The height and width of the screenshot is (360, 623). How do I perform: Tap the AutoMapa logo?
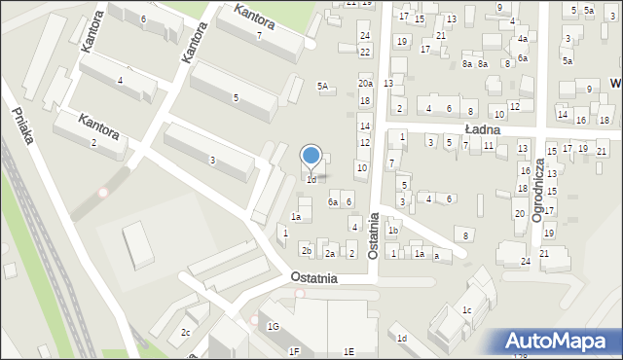coord(558,342)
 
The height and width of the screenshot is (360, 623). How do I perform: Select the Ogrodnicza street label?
coord(537,186)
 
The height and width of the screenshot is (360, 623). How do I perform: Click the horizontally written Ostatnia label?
coord(313,277)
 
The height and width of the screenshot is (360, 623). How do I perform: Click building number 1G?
coord(274,326)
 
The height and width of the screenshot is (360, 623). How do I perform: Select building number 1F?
coord(294,350)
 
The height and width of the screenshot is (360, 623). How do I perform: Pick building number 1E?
coord(348,350)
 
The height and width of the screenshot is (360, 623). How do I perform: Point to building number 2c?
coord(186,333)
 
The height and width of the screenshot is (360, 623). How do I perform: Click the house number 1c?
coord(467,310)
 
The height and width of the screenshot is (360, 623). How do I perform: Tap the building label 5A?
coord(323,86)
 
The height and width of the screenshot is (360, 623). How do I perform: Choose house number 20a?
coord(365,85)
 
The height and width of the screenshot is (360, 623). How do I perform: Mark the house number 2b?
coord(307,251)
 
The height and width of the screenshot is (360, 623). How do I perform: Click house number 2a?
coord(330,254)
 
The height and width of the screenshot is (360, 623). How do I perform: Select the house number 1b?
coord(393,231)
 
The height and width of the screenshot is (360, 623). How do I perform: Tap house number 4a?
coord(523,39)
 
